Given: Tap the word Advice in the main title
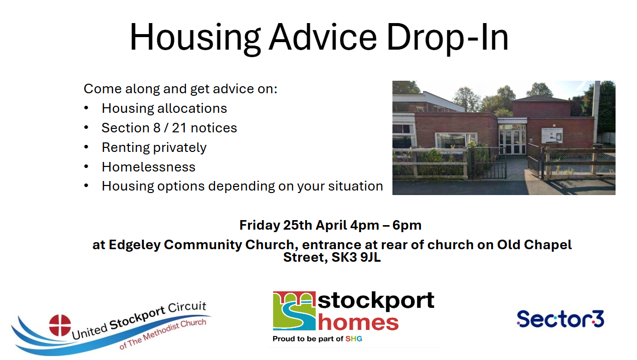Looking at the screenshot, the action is [x=323, y=37].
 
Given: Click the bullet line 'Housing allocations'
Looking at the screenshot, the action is [x=164, y=108].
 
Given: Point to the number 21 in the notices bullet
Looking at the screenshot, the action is [x=179, y=128].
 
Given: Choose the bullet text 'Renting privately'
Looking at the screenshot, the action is [x=154, y=148].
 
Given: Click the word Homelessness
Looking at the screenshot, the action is [x=149, y=167].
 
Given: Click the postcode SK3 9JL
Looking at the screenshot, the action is [x=356, y=257].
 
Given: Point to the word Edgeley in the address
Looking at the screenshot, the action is [x=134, y=245].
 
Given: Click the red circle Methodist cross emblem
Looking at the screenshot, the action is [x=60, y=325].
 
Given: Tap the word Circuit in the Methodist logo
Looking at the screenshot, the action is [x=187, y=307].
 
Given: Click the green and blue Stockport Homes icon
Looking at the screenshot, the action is [x=294, y=311].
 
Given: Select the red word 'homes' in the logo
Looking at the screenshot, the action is [x=358, y=322].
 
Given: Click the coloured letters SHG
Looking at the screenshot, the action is [x=354, y=338].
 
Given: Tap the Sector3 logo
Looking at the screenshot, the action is [x=560, y=319].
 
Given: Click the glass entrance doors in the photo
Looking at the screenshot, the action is [x=512, y=142].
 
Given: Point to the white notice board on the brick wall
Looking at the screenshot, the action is [x=552, y=135].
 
